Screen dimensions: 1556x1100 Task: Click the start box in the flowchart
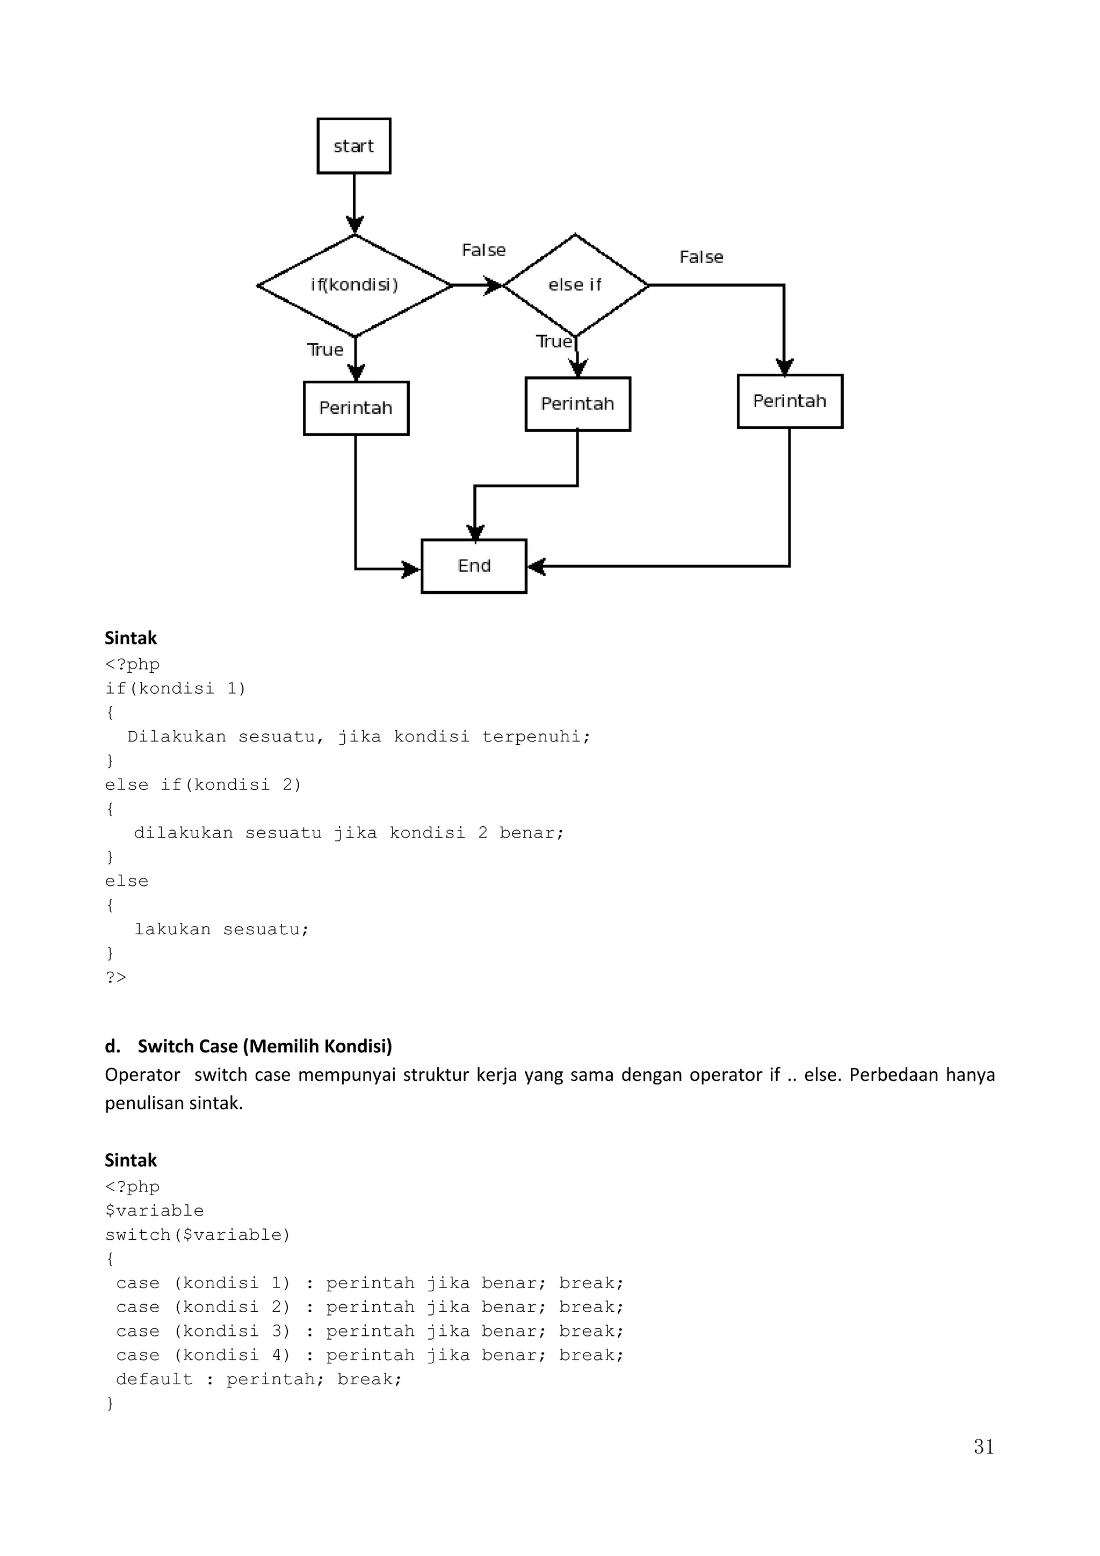354,146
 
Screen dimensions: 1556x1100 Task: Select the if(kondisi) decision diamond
354,285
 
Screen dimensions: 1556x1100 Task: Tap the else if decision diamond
575,285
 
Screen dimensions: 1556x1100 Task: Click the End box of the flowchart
474,566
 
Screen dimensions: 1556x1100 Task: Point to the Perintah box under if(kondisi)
356,408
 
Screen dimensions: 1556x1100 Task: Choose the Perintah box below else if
577,404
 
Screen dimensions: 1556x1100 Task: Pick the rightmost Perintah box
790,401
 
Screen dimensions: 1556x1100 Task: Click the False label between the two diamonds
484,250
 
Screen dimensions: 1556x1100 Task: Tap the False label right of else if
701,257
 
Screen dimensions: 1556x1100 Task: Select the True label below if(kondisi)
325,350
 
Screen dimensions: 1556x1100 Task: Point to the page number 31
983,1446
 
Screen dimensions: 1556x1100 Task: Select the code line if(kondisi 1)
175,688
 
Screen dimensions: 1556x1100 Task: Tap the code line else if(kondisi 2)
202,785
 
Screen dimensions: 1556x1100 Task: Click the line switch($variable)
197,1235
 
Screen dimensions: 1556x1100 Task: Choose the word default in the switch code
155,1379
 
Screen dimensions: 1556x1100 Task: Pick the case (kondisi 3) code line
370,1331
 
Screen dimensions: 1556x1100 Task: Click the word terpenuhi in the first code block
535,737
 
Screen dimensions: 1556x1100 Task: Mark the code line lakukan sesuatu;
221,929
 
